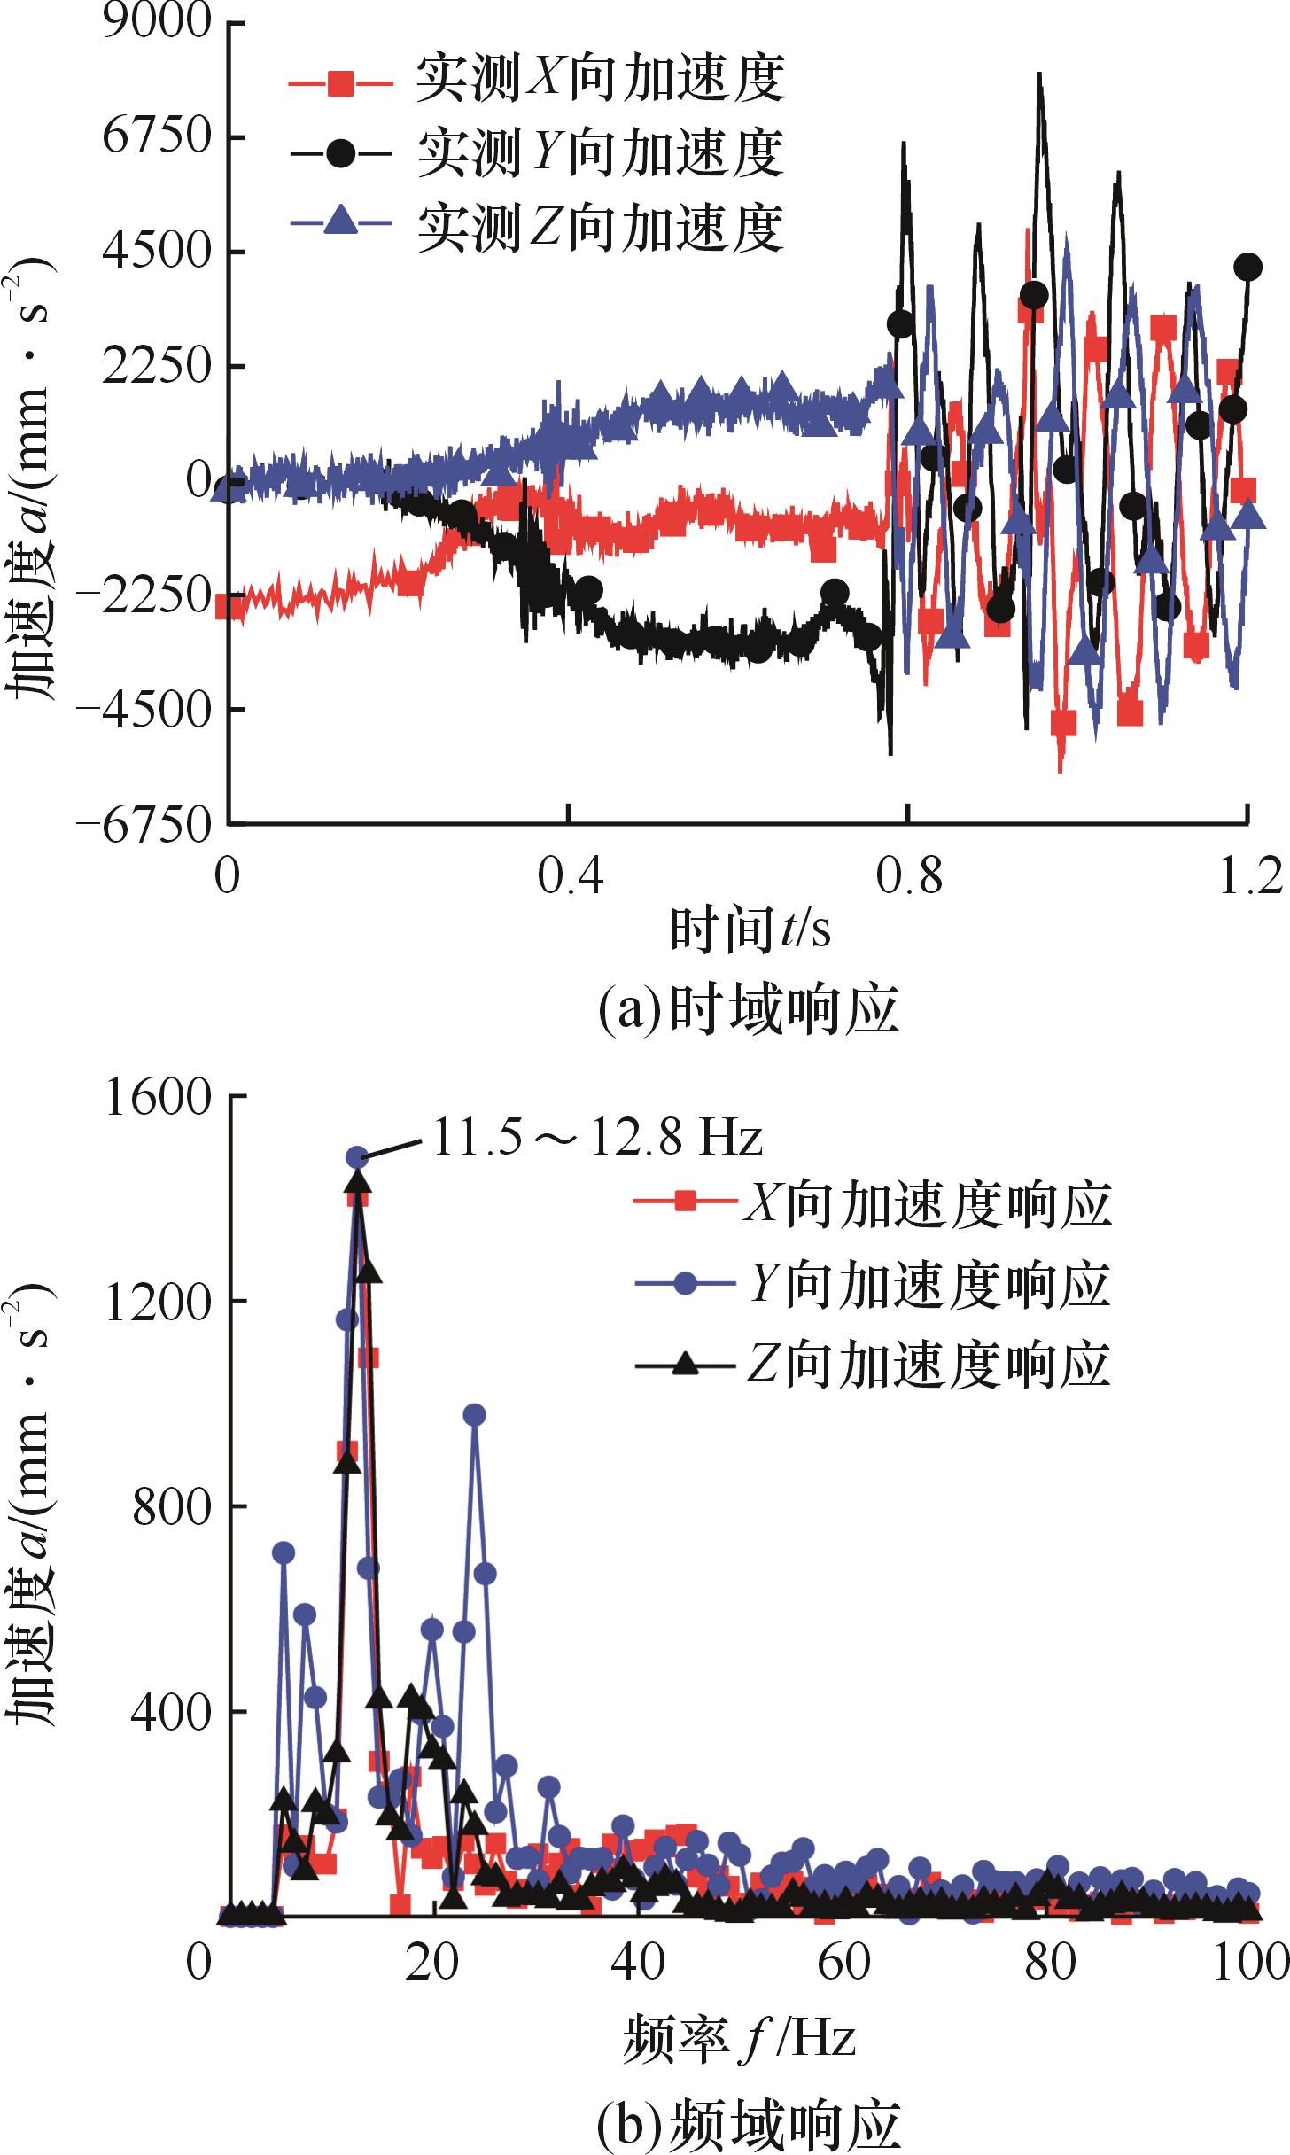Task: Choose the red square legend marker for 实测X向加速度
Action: coord(340,85)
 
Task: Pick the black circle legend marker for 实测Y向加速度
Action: coord(340,153)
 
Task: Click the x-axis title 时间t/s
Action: coord(750,930)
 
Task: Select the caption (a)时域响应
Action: coord(750,1011)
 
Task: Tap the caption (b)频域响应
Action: coord(750,2122)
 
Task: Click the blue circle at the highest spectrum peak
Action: coord(357,1156)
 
